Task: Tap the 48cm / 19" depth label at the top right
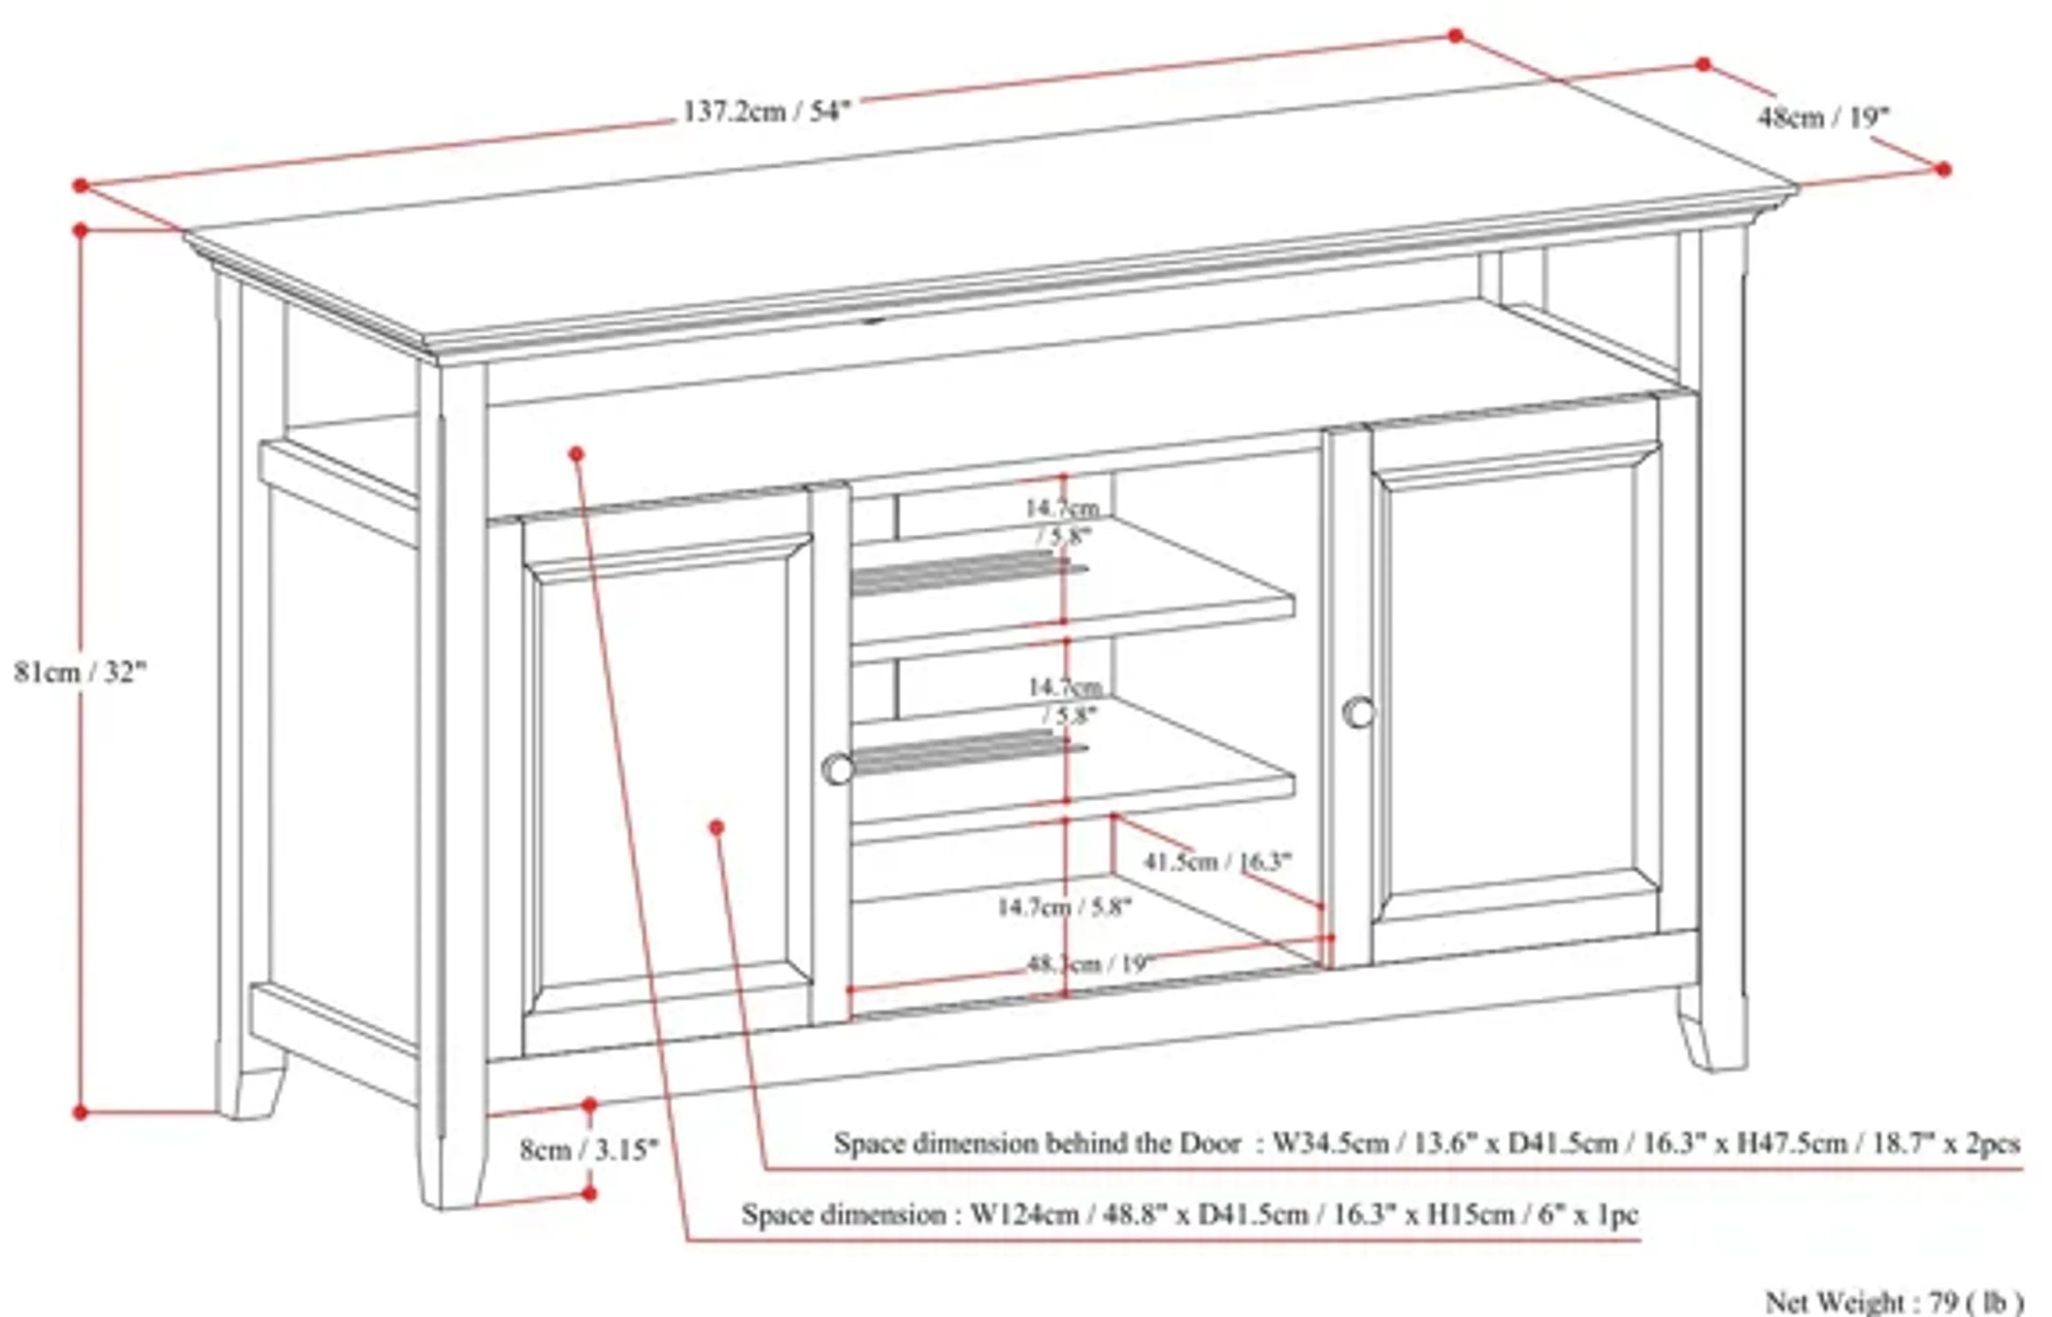coord(1822,117)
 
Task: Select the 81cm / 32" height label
coord(80,672)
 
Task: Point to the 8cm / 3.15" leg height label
coord(589,1149)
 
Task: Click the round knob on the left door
coord(838,769)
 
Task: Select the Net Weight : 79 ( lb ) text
coord(1894,1301)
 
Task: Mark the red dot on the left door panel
coord(717,827)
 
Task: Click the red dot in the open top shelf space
coord(576,453)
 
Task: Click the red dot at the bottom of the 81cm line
coord(80,1113)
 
